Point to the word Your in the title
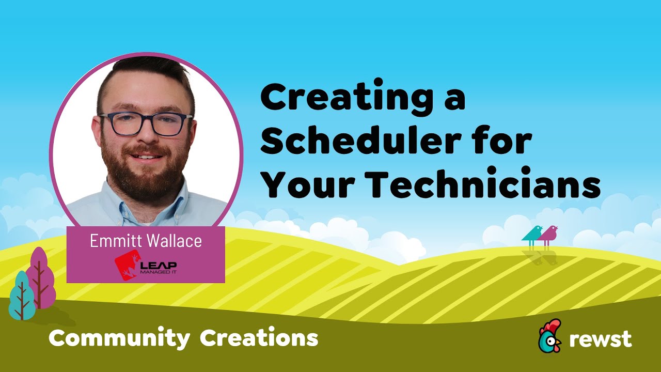pyautogui.click(x=305, y=184)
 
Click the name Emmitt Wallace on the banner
pyautogui.click(x=146, y=241)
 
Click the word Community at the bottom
pyautogui.click(x=119, y=338)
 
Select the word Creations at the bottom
pyautogui.click(x=259, y=338)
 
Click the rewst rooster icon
pyautogui.click(x=549, y=336)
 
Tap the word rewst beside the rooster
pyautogui.click(x=600, y=339)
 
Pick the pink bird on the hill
pyautogui.click(x=548, y=234)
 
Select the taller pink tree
pyautogui.click(x=40, y=276)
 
